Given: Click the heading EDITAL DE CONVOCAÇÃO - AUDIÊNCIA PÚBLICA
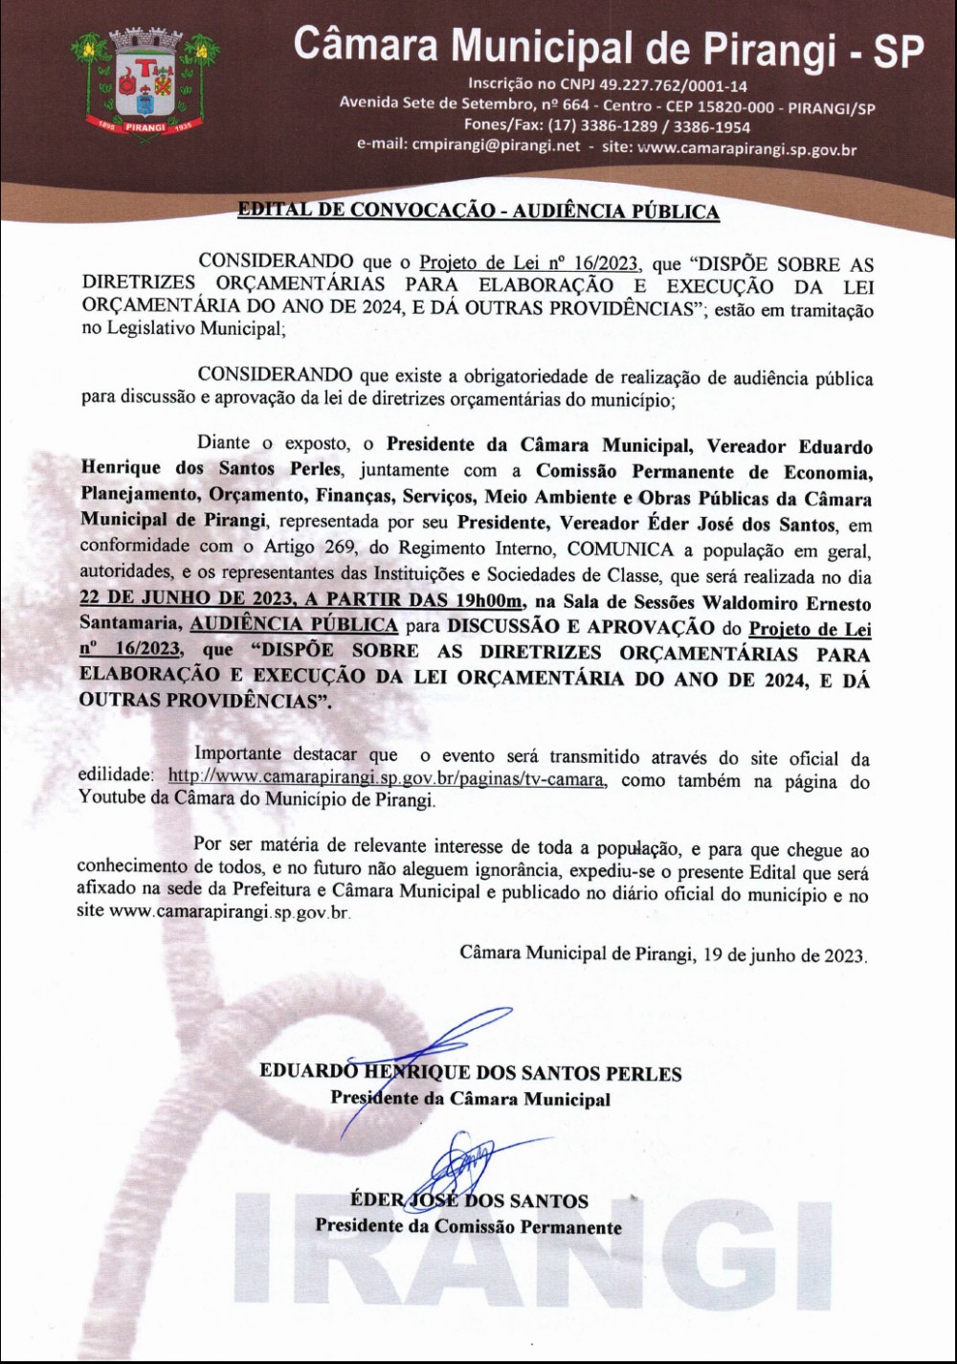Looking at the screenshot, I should point(478,212).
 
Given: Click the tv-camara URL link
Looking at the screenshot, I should point(386,779).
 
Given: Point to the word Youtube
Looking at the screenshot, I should point(112,800).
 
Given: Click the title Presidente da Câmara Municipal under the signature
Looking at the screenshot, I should point(470,1098).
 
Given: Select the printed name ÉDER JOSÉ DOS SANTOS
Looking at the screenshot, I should point(469,1200).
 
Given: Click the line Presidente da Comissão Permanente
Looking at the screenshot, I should point(468,1226).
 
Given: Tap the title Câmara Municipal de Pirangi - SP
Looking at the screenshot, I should point(608,46).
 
